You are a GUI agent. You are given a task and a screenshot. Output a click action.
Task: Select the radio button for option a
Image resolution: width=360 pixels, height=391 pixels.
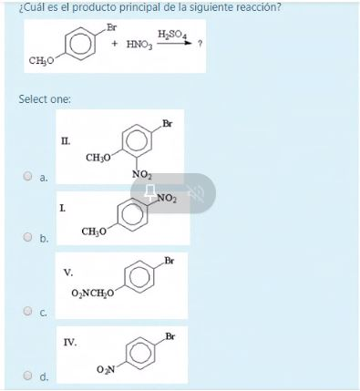tap(27, 176)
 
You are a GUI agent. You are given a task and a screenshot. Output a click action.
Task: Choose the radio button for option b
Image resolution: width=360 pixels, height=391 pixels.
tap(27, 237)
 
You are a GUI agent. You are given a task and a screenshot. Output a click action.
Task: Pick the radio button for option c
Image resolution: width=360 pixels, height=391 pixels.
tap(27, 311)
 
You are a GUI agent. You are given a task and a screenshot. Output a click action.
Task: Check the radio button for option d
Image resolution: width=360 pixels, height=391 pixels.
tap(27, 375)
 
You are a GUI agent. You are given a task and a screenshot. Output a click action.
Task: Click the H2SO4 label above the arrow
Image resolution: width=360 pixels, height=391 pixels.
tap(172, 35)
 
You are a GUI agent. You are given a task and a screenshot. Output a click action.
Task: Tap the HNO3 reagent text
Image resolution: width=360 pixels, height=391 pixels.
tap(139, 45)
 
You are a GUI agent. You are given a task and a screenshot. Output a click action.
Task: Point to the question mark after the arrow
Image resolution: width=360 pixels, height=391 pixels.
tap(200, 44)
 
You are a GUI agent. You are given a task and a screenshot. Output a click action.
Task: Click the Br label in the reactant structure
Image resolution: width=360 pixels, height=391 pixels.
tap(111, 27)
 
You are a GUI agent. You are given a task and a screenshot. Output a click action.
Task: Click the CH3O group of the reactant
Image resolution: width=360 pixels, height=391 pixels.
tap(41, 61)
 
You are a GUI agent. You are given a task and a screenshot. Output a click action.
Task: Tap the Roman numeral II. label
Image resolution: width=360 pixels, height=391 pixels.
tap(66, 141)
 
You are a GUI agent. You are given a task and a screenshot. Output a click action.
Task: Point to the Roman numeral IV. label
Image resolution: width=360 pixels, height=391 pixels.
tap(70, 343)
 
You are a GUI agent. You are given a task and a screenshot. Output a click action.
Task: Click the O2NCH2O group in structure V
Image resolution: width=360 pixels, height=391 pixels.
tap(93, 293)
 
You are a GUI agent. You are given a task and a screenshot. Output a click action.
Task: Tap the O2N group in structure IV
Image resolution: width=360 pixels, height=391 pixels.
tap(106, 369)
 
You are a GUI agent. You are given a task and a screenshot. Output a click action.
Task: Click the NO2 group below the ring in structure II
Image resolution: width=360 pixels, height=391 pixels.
tap(141, 175)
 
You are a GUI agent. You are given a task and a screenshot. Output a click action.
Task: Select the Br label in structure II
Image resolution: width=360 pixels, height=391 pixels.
tap(168, 124)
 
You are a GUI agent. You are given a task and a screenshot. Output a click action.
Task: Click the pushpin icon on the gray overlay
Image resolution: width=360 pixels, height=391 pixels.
tap(149, 192)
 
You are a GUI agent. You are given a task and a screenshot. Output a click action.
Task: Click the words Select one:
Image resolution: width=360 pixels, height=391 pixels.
tap(45, 99)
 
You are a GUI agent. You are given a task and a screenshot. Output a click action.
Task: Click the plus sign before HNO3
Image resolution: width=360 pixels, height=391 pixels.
tap(115, 44)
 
